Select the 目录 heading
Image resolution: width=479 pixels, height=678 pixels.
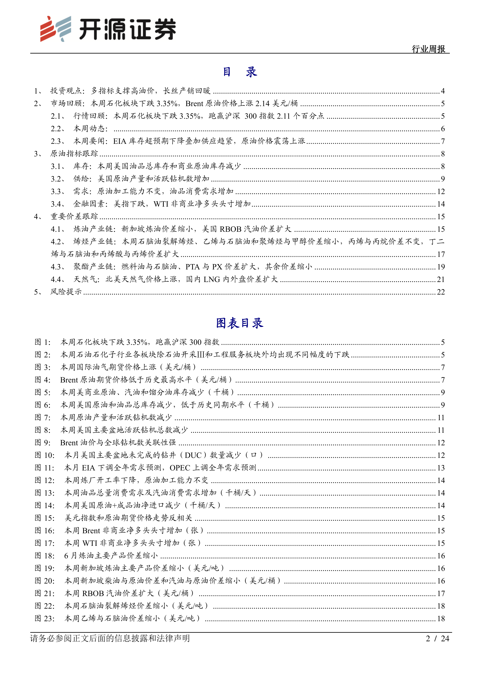pos(239,72)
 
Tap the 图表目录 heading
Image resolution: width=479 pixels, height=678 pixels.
pos(239,323)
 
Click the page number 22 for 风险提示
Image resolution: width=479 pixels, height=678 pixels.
pos(441,292)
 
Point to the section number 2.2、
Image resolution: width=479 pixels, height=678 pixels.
pos(58,129)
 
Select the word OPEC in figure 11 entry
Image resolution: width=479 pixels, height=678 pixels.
pos(180,468)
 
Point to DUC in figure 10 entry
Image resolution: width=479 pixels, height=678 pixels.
pos(193,455)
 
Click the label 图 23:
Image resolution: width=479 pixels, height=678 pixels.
pos(45,618)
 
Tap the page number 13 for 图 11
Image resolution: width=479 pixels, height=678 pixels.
pos(441,468)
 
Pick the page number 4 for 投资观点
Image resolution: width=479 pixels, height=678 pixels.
pos(443,91)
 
